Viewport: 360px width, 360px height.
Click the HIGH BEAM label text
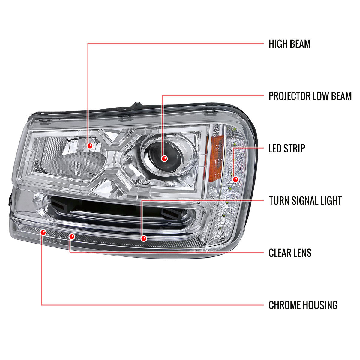coord(289,44)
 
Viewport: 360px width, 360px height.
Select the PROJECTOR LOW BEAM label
coord(310,96)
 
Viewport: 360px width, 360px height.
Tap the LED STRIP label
coord(287,148)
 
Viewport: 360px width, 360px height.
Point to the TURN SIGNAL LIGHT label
coord(305,200)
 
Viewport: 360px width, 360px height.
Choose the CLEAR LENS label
coord(290,253)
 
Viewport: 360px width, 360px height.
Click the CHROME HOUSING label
coord(303,305)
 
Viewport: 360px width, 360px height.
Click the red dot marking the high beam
coord(89,146)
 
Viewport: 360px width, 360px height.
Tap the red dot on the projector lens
coord(164,158)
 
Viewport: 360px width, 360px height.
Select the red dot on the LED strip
coord(235,179)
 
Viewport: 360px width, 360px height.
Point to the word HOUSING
coord(320,305)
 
